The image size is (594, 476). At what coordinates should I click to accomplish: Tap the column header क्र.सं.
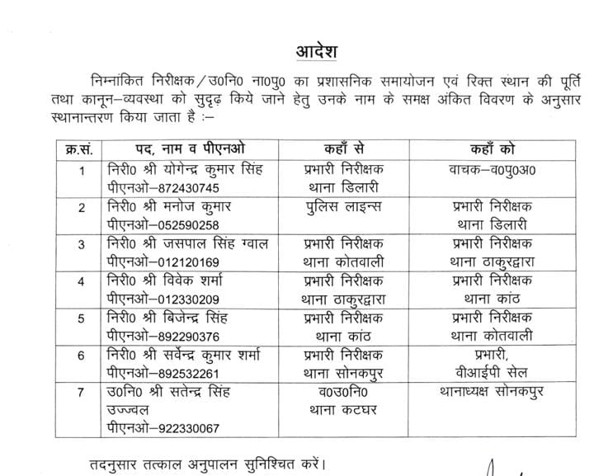pyautogui.click(x=82, y=148)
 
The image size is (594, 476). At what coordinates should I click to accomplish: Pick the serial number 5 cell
pyautogui.click(x=82, y=318)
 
